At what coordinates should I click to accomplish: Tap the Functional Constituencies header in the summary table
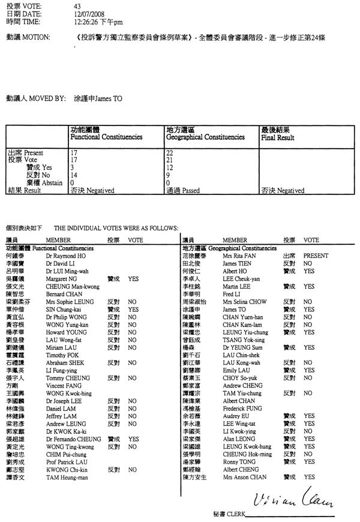[x=106, y=137]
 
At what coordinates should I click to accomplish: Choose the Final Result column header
[x=277, y=137]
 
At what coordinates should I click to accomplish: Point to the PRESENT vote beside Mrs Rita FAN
[x=316, y=256]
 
